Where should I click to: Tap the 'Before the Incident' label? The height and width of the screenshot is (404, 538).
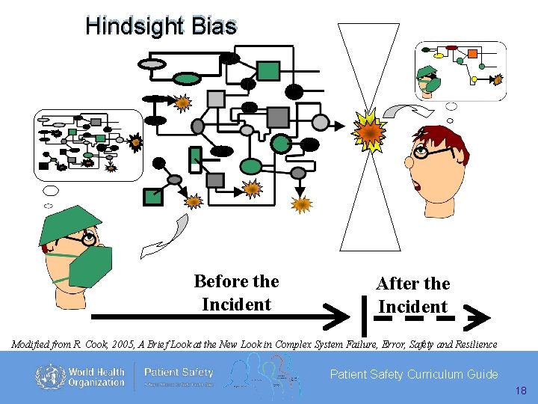[236, 293]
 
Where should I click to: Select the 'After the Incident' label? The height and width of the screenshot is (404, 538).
[412, 295]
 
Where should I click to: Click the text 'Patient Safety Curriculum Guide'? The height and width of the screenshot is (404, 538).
[414, 374]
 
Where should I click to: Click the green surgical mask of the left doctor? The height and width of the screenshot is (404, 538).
[90, 266]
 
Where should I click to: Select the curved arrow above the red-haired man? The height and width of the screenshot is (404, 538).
[406, 111]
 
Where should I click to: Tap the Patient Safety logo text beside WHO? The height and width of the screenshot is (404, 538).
[178, 372]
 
